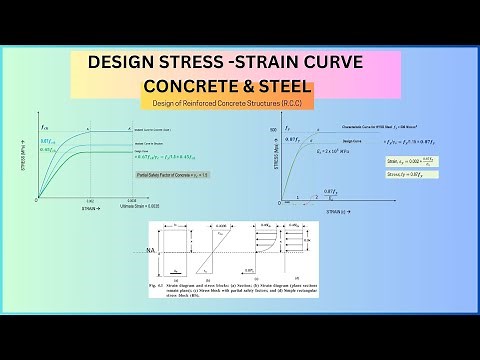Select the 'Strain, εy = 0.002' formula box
[414, 160]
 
